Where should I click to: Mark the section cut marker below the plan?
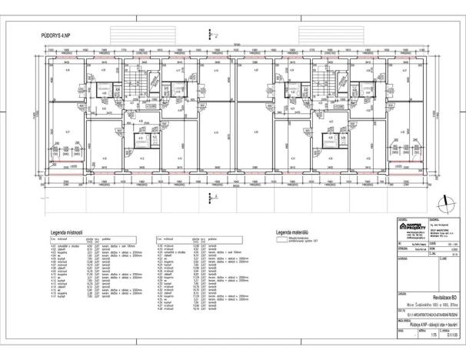[211, 194]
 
